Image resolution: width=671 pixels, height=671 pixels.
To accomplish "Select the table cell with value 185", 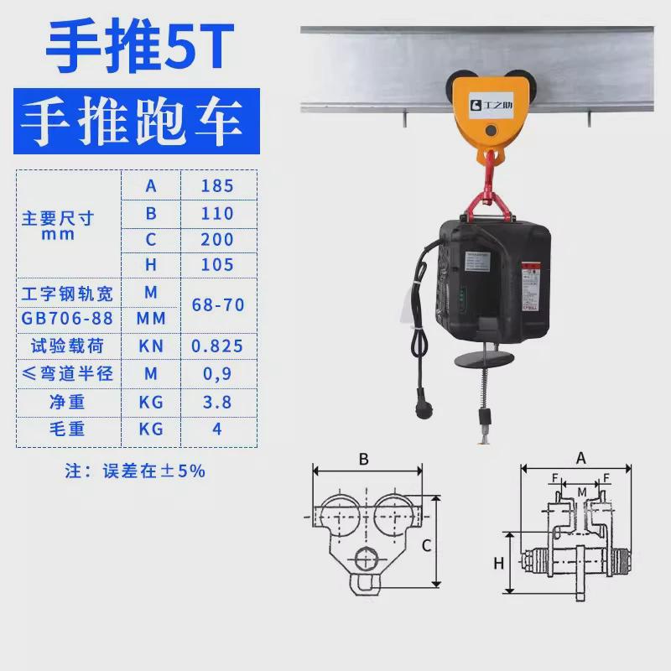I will tap(216, 185).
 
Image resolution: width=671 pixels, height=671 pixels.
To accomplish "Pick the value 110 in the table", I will tap(216, 213).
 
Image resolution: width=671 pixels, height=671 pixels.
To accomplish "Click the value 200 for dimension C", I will tap(216, 240).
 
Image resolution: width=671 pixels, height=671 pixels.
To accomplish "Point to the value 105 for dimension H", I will tap(216, 266).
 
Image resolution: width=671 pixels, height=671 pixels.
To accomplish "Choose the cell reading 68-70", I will tap(216, 305).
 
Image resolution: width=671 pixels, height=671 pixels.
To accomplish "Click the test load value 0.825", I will tap(216, 346).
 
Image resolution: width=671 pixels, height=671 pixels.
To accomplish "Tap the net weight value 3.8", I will tap(216, 403).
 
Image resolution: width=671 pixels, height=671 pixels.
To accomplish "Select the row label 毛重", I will tap(67, 429).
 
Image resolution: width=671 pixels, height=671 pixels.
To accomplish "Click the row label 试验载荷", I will tap(67, 346).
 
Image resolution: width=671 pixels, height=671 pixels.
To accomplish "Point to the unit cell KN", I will tap(151, 346).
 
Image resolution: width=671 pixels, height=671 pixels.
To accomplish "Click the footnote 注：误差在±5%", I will tap(135, 471).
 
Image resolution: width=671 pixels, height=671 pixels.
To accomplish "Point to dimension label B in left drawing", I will tap(363, 459).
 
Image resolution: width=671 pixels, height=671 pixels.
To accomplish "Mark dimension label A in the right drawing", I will tap(580, 458).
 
